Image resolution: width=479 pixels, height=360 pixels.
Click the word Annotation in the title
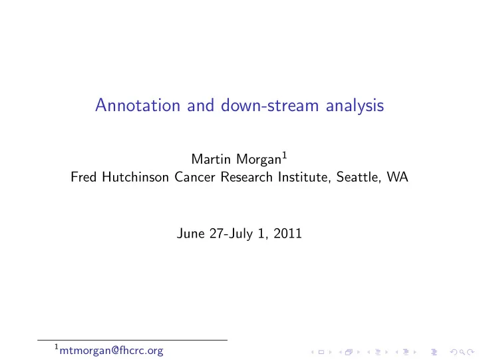138,105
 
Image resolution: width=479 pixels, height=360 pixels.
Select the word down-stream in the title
269,105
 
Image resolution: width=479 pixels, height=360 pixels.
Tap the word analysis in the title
355,106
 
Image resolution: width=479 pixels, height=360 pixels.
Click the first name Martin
211,159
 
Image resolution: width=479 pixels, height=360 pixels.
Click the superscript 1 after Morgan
285,156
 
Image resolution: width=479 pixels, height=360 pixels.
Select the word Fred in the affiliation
83,177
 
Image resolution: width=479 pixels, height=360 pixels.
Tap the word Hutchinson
135,177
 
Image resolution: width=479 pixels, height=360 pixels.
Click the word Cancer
195,177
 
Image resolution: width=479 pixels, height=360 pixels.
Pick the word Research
247,177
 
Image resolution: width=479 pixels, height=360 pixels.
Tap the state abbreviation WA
397,177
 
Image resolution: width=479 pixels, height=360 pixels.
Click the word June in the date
191,234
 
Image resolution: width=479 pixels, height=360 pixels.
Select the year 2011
287,234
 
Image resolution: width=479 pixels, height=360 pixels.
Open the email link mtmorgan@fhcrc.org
111,351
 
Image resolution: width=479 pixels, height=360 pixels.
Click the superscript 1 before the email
57,347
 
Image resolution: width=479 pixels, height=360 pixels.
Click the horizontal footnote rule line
132,340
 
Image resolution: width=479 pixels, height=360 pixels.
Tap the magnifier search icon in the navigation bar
462,353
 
